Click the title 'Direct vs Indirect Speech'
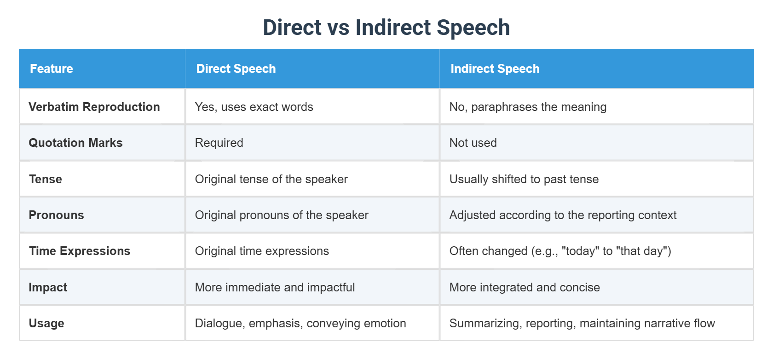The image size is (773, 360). [386, 27]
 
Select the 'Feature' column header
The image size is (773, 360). [52, 69]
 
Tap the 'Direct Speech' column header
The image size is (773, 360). [236, 69]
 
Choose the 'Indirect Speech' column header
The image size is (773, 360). [495, 69]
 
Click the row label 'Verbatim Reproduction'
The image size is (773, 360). [94, 107]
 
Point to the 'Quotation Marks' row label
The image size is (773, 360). [75, 143]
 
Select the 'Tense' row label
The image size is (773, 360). [46, 179]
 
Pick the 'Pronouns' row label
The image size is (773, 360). [56, 215]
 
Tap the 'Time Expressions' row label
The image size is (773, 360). [80, 251]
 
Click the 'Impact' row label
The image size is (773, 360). [48, 287]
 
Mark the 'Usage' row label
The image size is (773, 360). [46, 323]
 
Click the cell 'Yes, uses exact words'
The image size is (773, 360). [254, 107]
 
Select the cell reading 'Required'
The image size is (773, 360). [219, 143]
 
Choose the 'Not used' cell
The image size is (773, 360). [473, 143]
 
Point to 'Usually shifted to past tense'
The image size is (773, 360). [524, 179]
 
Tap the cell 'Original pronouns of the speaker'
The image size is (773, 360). [282, 215]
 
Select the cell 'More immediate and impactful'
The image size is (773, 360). [275, 287]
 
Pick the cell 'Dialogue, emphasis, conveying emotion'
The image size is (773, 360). [300, 323]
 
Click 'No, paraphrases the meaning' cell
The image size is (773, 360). [528, 107]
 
